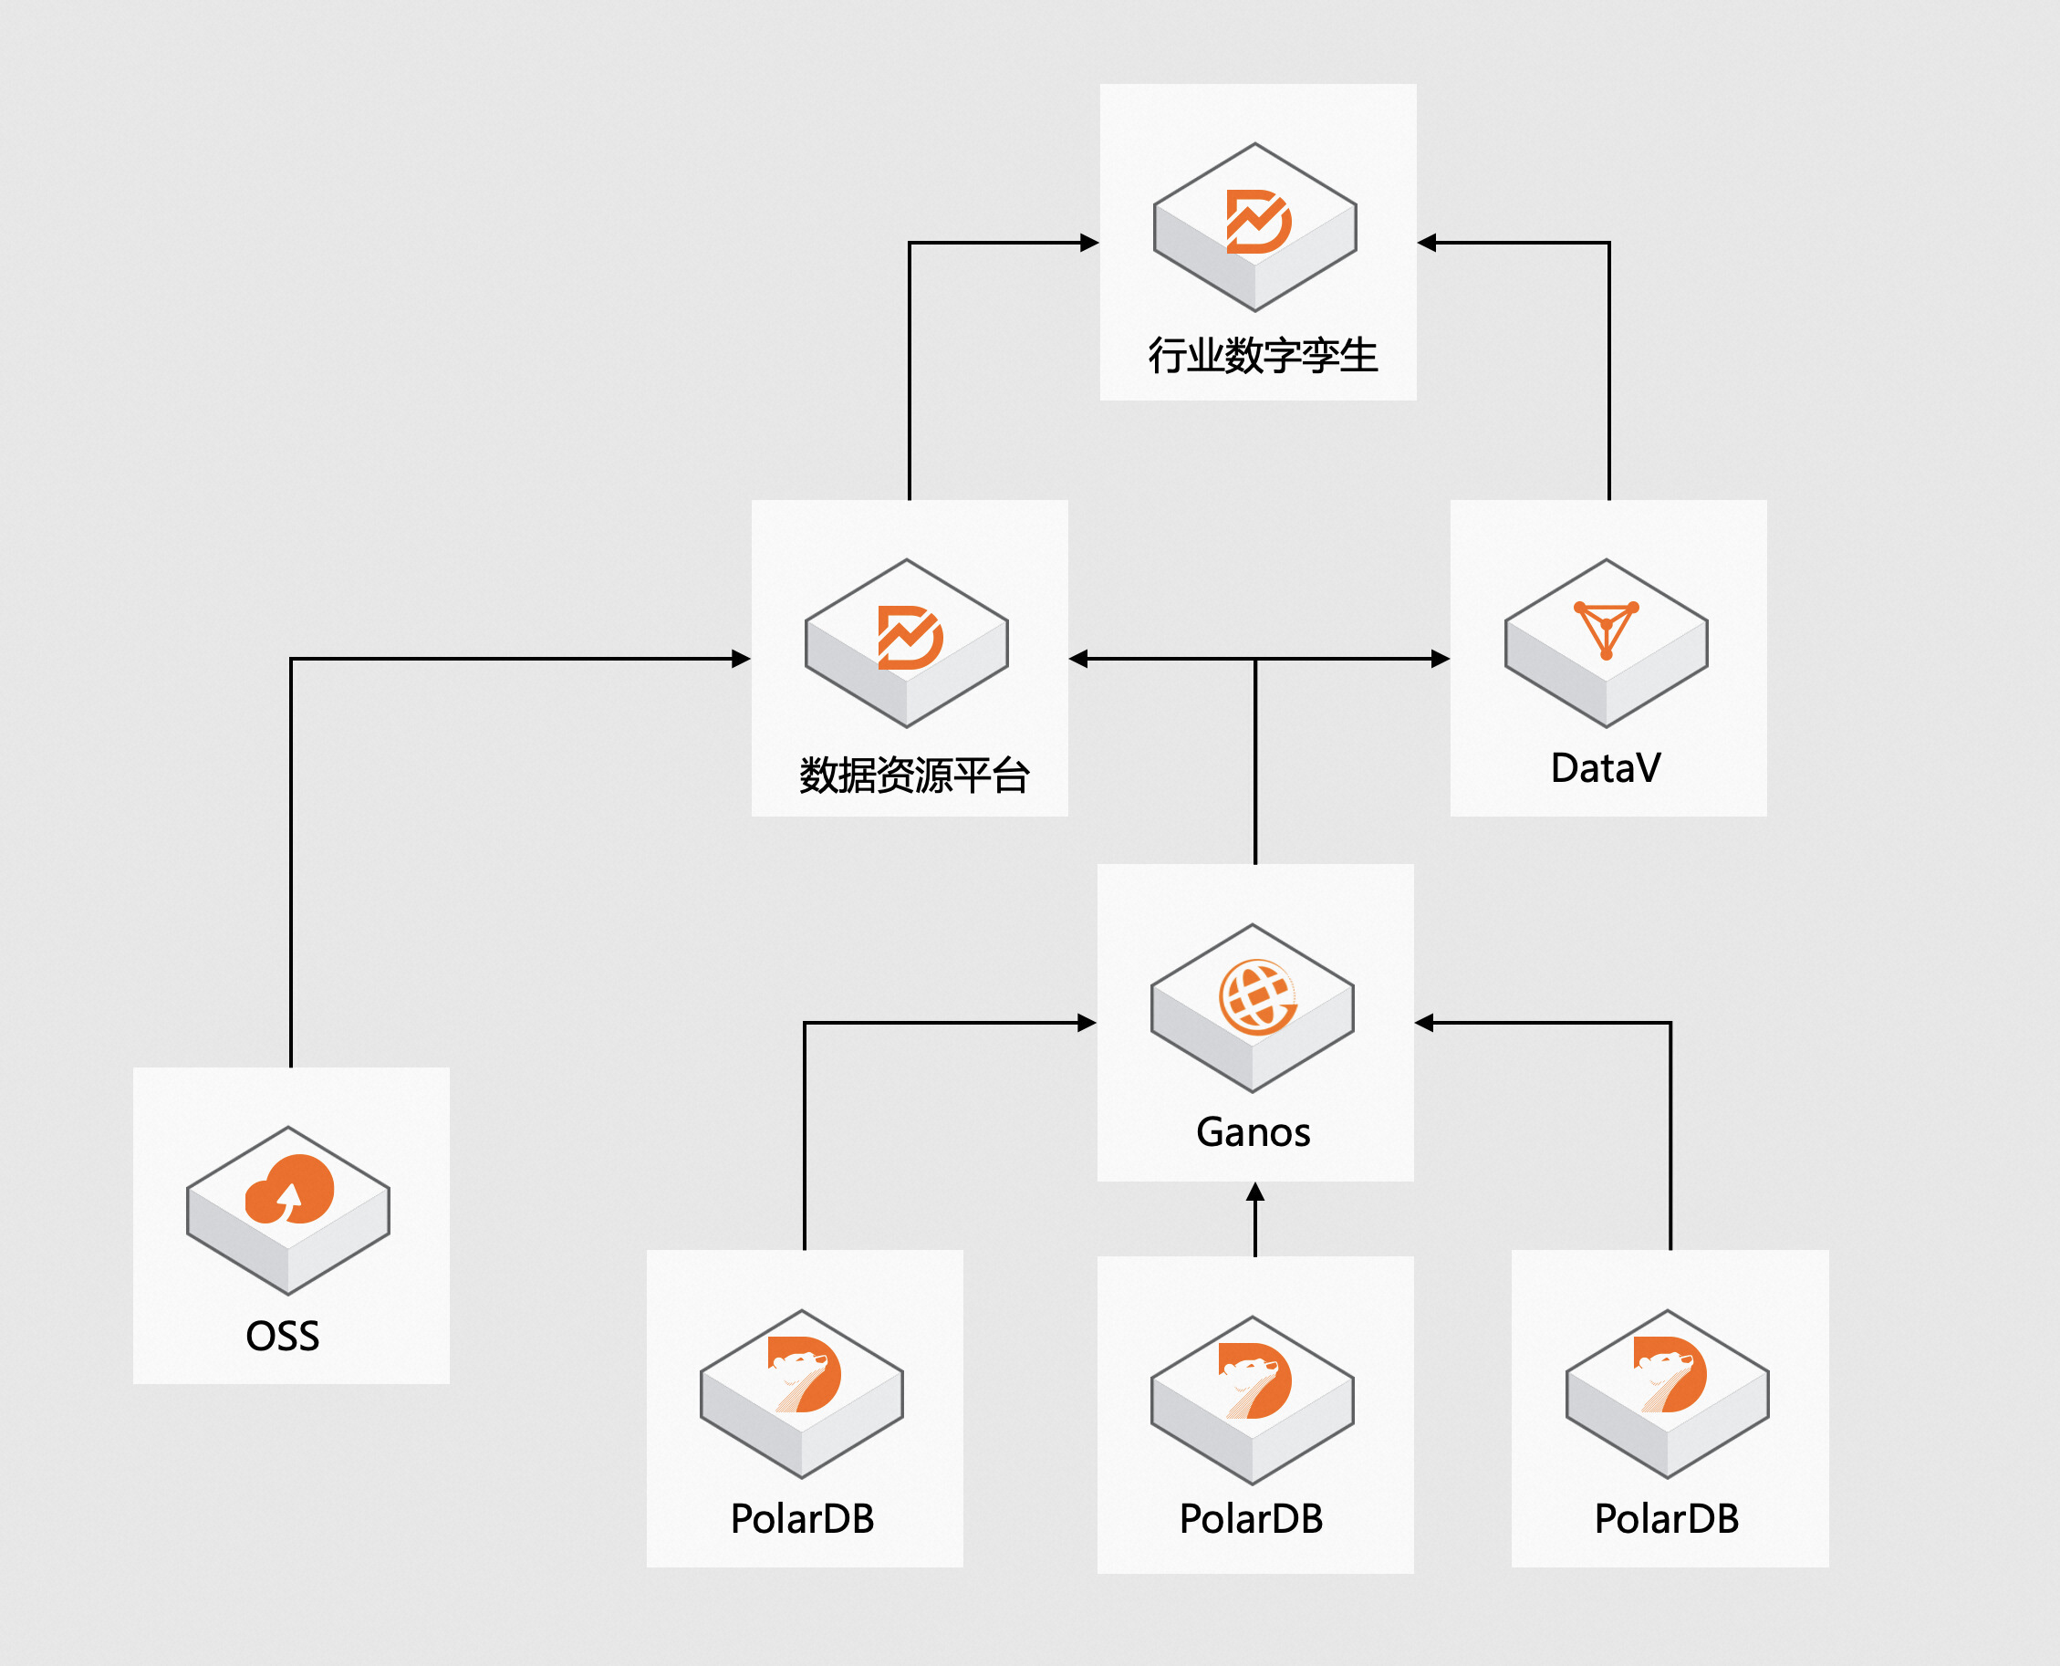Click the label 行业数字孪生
pos(1263,356)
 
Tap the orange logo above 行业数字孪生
pos(1259,222)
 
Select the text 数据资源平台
pos(914,775)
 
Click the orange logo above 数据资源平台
pos(910,637)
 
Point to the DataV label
pos(1607,767)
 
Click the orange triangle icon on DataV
pos(1607,630)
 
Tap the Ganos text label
pos(1254,1132)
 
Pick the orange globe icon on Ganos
pos(1257,998)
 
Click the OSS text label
pos(282,1336)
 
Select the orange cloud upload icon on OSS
pos(290,1189)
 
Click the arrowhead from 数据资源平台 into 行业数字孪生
pos(1089,243)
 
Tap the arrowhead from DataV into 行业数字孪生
pos(1428,243)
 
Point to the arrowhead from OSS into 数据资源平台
pos(741,659)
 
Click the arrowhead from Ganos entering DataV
pos(1441,659)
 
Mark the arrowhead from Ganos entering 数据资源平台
pos(1078,659)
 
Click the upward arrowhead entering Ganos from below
pos(1255,1192)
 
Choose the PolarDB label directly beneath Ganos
pos(1251,1519)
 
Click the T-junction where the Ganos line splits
pos(1255,659)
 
